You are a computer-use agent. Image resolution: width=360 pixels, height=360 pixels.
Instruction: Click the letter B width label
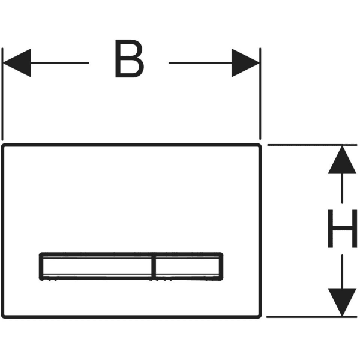[x=130, y=59]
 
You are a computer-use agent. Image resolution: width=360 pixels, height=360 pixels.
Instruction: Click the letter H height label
[x=342, y=229]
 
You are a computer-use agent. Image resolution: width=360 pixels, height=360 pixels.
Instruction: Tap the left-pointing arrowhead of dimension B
[x=17, y=62]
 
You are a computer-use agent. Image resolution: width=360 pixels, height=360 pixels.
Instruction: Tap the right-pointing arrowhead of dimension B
[x=245, y=62]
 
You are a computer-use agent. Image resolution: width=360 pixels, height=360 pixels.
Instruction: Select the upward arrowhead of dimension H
[x=342, y=160]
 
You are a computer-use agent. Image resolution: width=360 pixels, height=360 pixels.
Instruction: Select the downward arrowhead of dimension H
[x=342, y=302]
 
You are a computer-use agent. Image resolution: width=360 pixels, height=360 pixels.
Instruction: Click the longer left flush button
[x=97, y=266]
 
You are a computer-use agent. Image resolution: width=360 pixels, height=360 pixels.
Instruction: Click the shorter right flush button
[x=188, y=266]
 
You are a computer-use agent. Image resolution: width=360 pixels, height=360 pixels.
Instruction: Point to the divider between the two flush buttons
[x=154, y=266]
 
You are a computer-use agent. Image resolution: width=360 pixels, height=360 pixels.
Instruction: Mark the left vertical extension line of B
[x=2, y=94]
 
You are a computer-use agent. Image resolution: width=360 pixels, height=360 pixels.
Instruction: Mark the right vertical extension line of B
[x=260, y=94]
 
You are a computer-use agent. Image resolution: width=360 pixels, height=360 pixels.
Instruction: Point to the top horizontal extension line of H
[x=312, y=145]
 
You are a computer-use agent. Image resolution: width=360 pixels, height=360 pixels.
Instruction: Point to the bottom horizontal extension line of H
[x=312, y=317]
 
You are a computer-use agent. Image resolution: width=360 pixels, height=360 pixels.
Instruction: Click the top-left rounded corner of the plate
[x=3, y=146]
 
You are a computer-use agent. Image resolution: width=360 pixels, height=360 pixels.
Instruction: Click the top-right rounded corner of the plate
[x=260, y=146]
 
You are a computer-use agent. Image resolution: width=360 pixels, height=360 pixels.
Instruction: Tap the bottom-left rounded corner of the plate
[x=3, y=316]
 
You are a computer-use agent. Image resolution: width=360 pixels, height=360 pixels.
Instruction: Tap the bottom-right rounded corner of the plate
[x=260, y=316]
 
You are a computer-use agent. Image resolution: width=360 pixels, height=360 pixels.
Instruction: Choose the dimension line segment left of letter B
[x=59, y=62]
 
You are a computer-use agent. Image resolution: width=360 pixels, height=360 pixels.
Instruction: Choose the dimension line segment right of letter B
[x=200, y=62]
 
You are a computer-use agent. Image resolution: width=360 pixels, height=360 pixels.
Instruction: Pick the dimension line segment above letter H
[x=342, y=188]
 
